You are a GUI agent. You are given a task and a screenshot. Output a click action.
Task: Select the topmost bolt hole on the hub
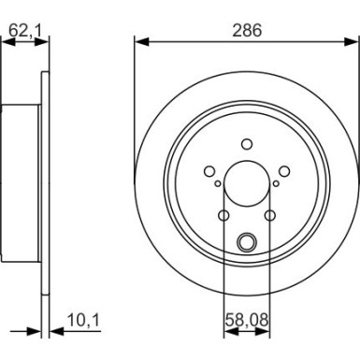[247, 143]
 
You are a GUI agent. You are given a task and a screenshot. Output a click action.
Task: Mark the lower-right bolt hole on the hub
[269, 216]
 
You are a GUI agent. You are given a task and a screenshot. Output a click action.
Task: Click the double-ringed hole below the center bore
[247, 243]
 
